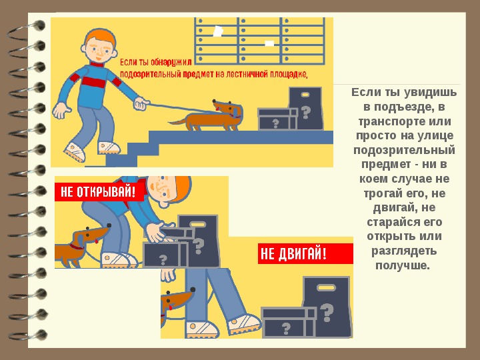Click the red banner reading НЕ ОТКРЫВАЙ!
(x=99, y=192)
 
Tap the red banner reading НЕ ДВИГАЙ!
(x=305, y=253)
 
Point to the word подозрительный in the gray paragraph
(x=404, y=150)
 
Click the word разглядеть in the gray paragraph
(x=404, y=251)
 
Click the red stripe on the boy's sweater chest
(x=94, y=82)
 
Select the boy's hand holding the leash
(x=141, y=103)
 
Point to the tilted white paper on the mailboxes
(x=218, y=31)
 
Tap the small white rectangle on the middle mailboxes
(x=269, y=43)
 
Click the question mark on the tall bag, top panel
(x=305, y=113)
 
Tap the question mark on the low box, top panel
(x=275, y=123)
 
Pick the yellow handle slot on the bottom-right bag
(x=326, y=288)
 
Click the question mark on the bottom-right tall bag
(x=327, y=313)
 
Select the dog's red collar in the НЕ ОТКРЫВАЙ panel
(x=76, y=247)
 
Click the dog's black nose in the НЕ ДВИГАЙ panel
(x=193, y=289)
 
